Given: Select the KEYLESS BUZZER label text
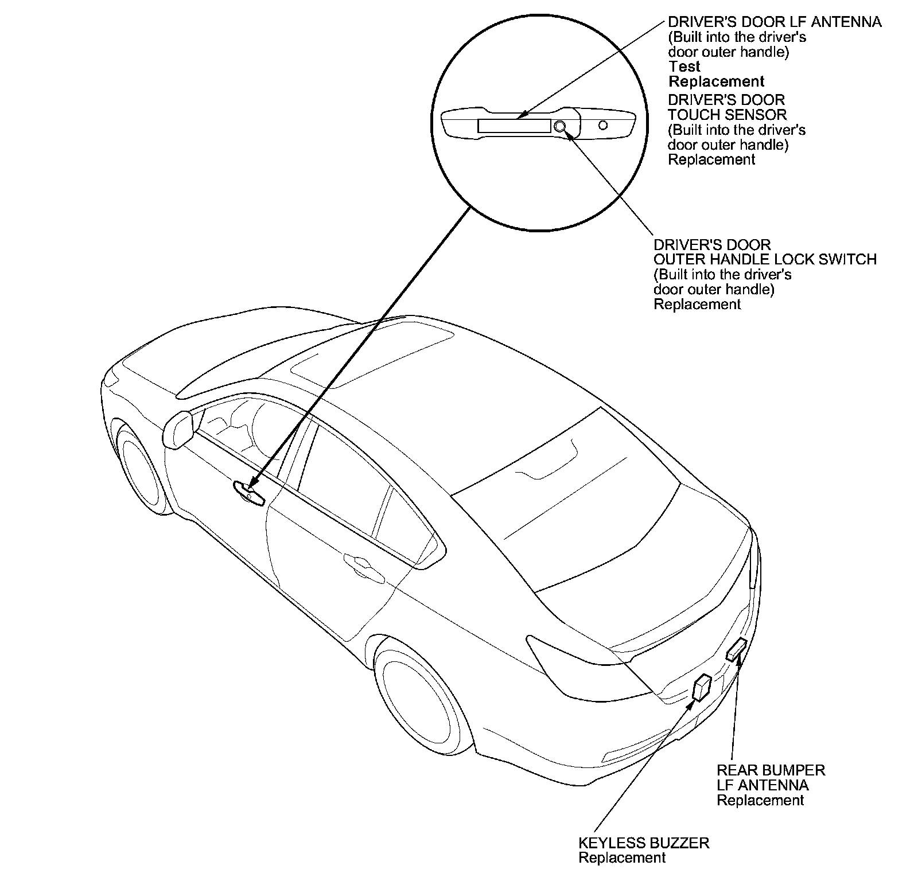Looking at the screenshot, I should click(644, 843).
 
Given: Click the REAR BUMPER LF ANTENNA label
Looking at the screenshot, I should click(771, 777).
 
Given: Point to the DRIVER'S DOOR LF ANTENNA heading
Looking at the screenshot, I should click(775, 22).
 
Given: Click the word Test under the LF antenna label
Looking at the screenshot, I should click(684, 67).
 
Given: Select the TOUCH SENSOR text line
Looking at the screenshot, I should click(727, 115).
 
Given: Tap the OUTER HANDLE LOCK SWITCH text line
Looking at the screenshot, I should click(765, 259).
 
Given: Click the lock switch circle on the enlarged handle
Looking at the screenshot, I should click(560, 126).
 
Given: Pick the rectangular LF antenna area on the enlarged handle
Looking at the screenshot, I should click(514, 126).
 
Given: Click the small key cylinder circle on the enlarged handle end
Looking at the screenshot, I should click(602, 124).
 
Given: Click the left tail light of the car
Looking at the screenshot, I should click(579, 665).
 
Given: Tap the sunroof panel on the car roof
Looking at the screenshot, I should click(373, 350).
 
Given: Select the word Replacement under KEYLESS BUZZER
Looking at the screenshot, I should click(622, 857).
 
